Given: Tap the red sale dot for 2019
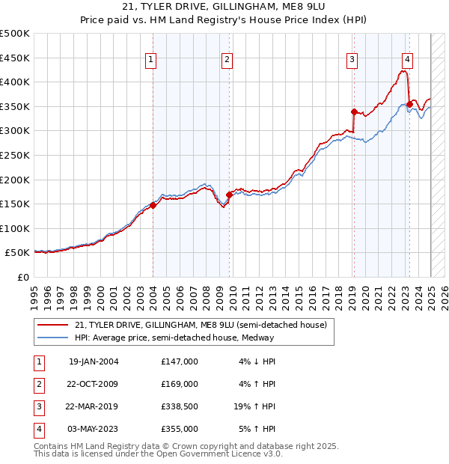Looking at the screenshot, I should pyautogui.click(x=354, y=112).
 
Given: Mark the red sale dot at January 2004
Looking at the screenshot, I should pyautogui.click(x=153, y=205).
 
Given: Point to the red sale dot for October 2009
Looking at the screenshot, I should pyautogui.click(x=229, y=195).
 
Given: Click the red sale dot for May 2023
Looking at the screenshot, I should pyautogui.click(x=409, y=103).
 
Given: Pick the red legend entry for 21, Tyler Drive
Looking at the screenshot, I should pyautogui.click(x=201, y=326).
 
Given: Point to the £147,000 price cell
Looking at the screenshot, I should pyautogui.click(x=179, y=361).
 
